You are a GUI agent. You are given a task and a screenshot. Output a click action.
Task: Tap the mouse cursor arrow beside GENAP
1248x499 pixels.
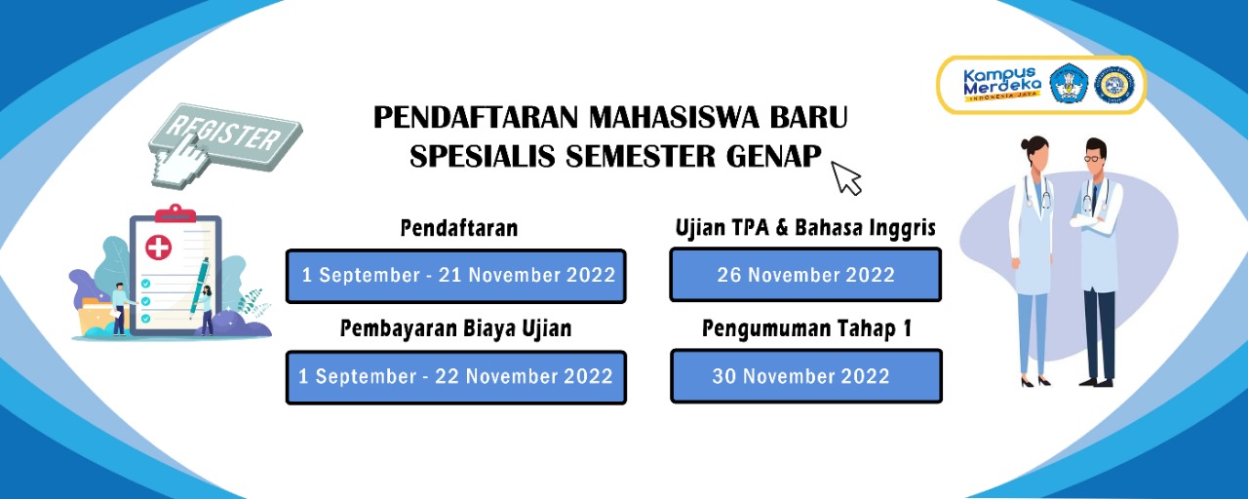click(x=846, y=177)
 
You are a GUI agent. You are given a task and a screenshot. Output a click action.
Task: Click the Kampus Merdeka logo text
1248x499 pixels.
click(x=1001, y=84)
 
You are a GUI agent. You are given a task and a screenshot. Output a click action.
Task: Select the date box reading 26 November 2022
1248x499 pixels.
click(x=805, y=275)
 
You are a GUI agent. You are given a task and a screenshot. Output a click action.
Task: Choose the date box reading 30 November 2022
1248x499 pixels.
click(x=805, y=376)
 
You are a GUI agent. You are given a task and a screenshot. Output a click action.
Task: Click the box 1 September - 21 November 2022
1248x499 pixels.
click(x=456, y=276)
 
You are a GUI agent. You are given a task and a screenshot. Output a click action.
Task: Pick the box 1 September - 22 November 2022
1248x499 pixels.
click(x=456, y=377)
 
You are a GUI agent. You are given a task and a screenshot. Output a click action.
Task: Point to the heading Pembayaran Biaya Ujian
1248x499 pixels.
click(x=455, y=329)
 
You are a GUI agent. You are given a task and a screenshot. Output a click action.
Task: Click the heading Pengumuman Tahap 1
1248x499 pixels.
click(x=806, y=329)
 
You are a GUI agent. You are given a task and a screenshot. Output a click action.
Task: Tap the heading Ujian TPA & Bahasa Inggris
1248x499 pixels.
click(x=805, y=228)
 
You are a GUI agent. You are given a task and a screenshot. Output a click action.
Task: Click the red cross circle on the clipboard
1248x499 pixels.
click(x=158, y=247)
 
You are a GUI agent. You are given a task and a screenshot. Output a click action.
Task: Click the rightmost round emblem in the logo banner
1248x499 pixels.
click(x=1112, y=85)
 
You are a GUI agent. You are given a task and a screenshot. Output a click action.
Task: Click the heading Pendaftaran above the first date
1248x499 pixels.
click(x=458, y=228)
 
